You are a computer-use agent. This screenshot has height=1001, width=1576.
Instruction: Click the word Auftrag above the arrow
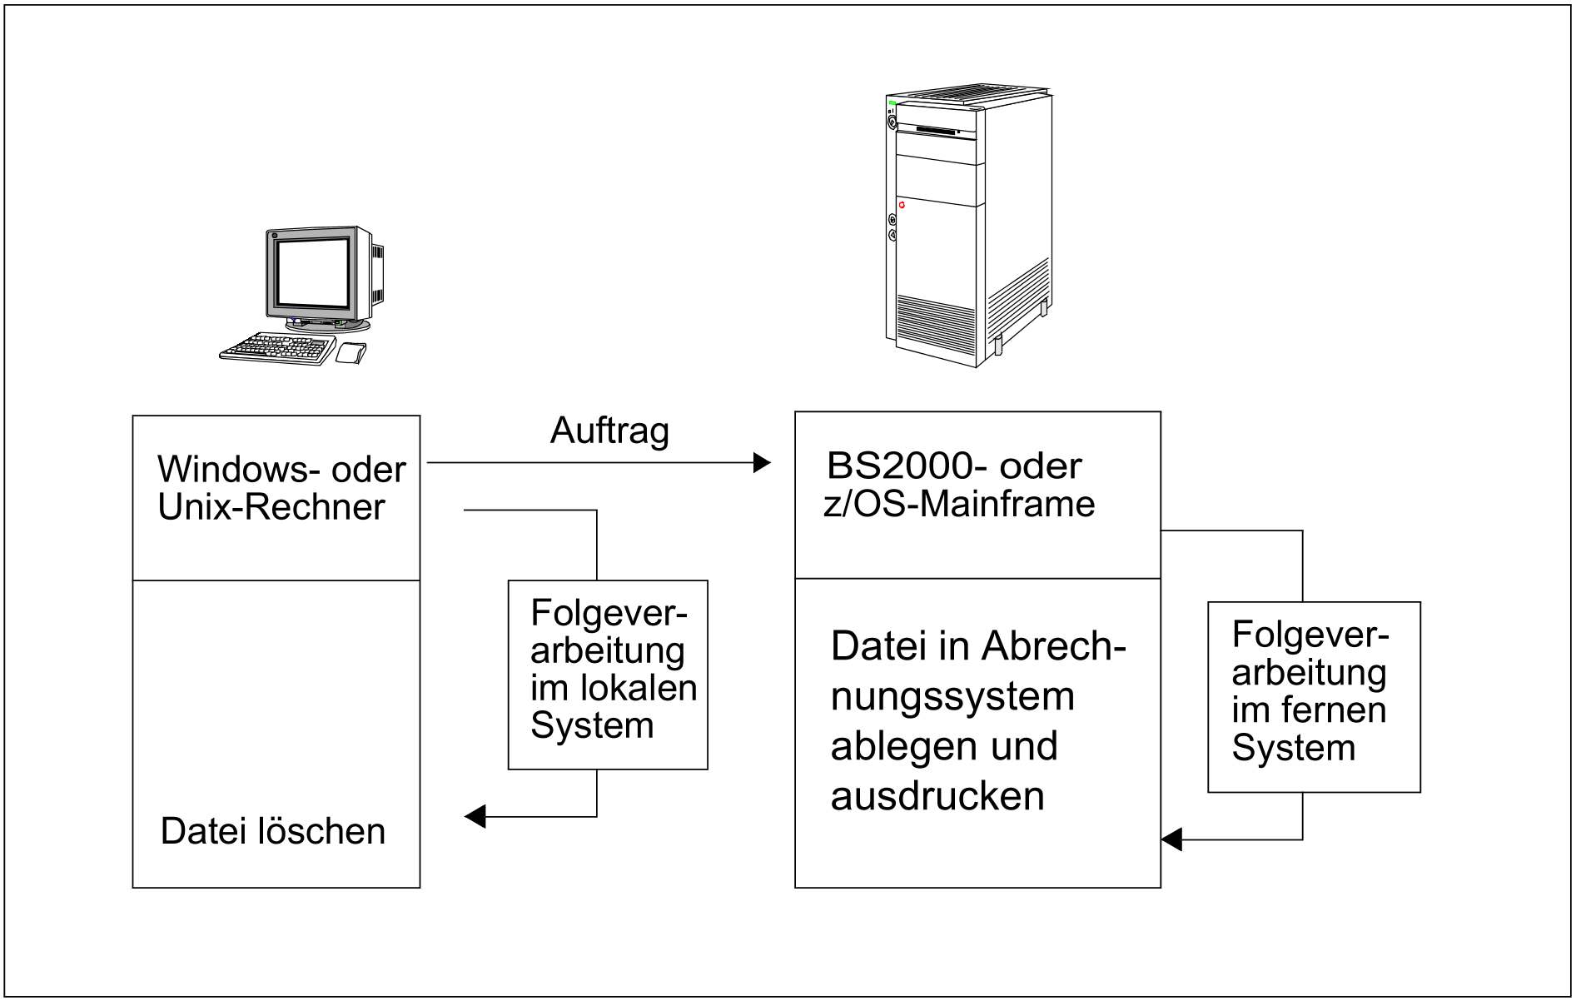[609, 431]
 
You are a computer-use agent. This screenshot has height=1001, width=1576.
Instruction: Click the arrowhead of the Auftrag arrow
[762, 463]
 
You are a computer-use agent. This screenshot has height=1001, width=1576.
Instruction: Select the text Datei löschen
[273, 832]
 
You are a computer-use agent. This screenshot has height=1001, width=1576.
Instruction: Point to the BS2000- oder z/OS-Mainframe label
[958, 485]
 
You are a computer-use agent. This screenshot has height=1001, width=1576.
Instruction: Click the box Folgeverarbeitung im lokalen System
[608, 675]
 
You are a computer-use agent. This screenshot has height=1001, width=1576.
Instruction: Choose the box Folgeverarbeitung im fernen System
[1313, 696]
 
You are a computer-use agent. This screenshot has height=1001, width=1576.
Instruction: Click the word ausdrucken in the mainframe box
[937, 796]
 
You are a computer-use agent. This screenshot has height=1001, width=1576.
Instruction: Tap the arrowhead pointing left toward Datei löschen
[475, 817]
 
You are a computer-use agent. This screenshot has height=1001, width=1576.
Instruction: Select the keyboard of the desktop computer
[277, 348]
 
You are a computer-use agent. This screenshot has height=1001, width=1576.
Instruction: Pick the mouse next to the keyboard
[350, 353]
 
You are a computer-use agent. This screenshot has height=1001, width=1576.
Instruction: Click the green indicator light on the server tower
[892, 102]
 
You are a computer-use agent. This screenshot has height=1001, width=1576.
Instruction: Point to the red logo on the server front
[901, 205]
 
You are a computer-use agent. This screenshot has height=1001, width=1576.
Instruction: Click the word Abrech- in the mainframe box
[1054, 647]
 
